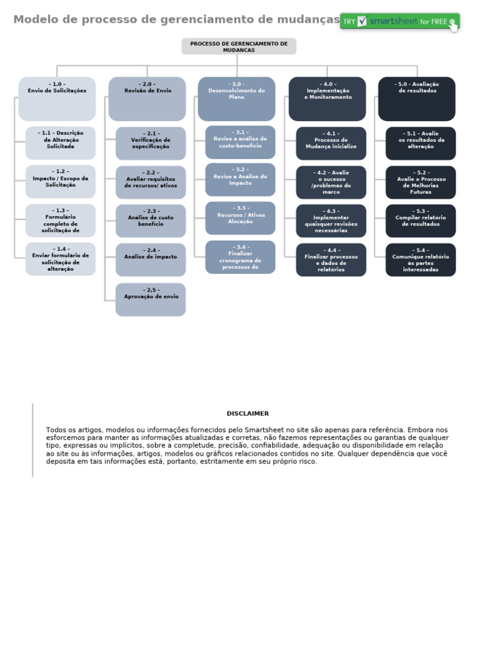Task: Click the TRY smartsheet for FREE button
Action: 399,21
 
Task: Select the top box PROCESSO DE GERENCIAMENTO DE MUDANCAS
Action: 239,46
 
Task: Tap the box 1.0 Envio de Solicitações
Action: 57,99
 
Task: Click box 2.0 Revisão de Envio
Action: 147,99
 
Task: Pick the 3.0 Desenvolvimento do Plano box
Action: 237,99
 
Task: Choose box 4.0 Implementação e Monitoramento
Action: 327,99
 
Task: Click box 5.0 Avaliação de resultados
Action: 417,99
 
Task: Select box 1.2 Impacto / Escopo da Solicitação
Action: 61,182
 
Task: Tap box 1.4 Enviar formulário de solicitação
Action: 61,259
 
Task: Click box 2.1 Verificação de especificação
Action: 151,143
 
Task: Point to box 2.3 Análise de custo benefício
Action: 151,221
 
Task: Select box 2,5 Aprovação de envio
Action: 151,300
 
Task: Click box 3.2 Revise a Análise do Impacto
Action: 240,179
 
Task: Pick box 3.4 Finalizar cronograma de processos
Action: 240,257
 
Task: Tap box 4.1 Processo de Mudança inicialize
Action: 331,143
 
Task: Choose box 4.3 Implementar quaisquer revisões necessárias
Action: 331,221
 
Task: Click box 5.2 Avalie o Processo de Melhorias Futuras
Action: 421,183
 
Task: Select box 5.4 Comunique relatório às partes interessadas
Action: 421,260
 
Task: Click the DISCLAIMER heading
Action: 247,413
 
